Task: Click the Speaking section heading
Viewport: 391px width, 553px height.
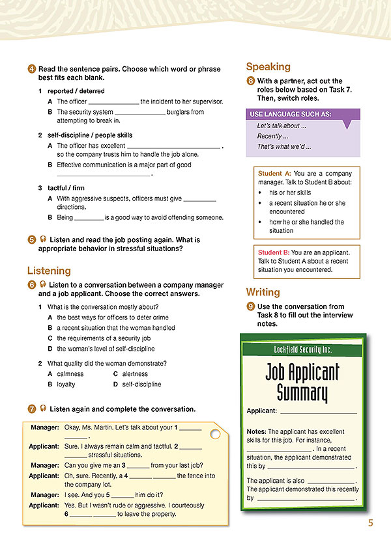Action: [x=268, y=66]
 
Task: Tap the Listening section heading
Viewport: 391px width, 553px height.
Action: [x=49, y=270]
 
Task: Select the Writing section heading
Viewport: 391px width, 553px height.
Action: [x=263, y=292]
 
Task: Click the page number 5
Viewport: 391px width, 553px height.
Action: [x=369, y=522]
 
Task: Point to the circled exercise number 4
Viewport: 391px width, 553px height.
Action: [x=31, y=69]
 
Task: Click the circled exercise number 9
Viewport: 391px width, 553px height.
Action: [x=250, y=306]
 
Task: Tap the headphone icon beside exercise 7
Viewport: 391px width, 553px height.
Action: [x=42, y=409]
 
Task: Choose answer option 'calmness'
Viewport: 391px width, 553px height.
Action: [x=70, y=374]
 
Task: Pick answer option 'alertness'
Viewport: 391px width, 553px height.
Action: [x=135, y=374]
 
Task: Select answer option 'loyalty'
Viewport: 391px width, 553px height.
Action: [x=66, y=384]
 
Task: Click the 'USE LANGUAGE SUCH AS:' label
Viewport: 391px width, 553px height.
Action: [x=290, y=114]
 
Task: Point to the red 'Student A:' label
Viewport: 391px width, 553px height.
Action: [x=274, y=174]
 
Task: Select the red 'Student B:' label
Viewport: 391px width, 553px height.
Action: [x=274, y=252]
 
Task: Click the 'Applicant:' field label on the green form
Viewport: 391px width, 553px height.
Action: [x=262, y=411]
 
